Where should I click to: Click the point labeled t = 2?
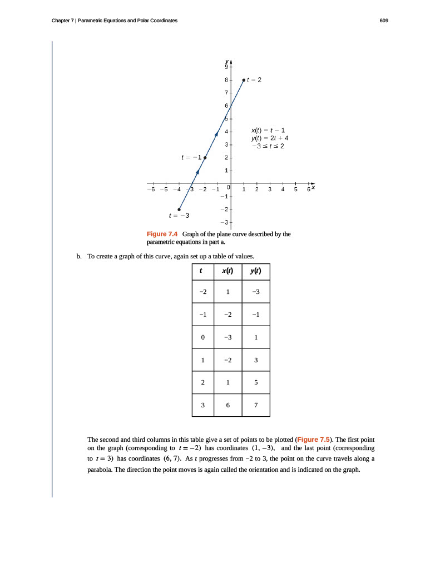point(244,80)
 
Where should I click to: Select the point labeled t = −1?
point(205,158)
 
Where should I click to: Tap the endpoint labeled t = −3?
point(179,209)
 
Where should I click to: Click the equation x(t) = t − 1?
point(268,129)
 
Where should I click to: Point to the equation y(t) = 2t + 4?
point(270,138)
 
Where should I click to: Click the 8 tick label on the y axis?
point(226,80)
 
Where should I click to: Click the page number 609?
point(384,21)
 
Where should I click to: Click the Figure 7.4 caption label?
point(162,234)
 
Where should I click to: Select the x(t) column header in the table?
point(228,272)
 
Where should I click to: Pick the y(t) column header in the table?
point(255,272)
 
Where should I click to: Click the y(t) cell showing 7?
point(255,405)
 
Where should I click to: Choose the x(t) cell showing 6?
point(228,405)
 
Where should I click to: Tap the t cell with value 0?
point(202,337)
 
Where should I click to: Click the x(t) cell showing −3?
point(228,337)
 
